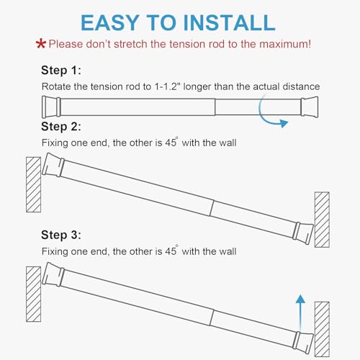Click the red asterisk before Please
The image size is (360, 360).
pos(41,45)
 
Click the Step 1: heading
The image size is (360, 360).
pos(61,71)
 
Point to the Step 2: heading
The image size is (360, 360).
pos(61,127)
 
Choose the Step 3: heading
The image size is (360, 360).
pos(61,235)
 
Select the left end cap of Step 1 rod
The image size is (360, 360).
pos(50,107)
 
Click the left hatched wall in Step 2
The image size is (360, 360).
pos(33,184)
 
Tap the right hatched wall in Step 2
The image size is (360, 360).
pos(322,219)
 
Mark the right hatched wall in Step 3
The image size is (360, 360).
pos(322,328)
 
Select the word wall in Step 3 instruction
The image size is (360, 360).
pos(225,251)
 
